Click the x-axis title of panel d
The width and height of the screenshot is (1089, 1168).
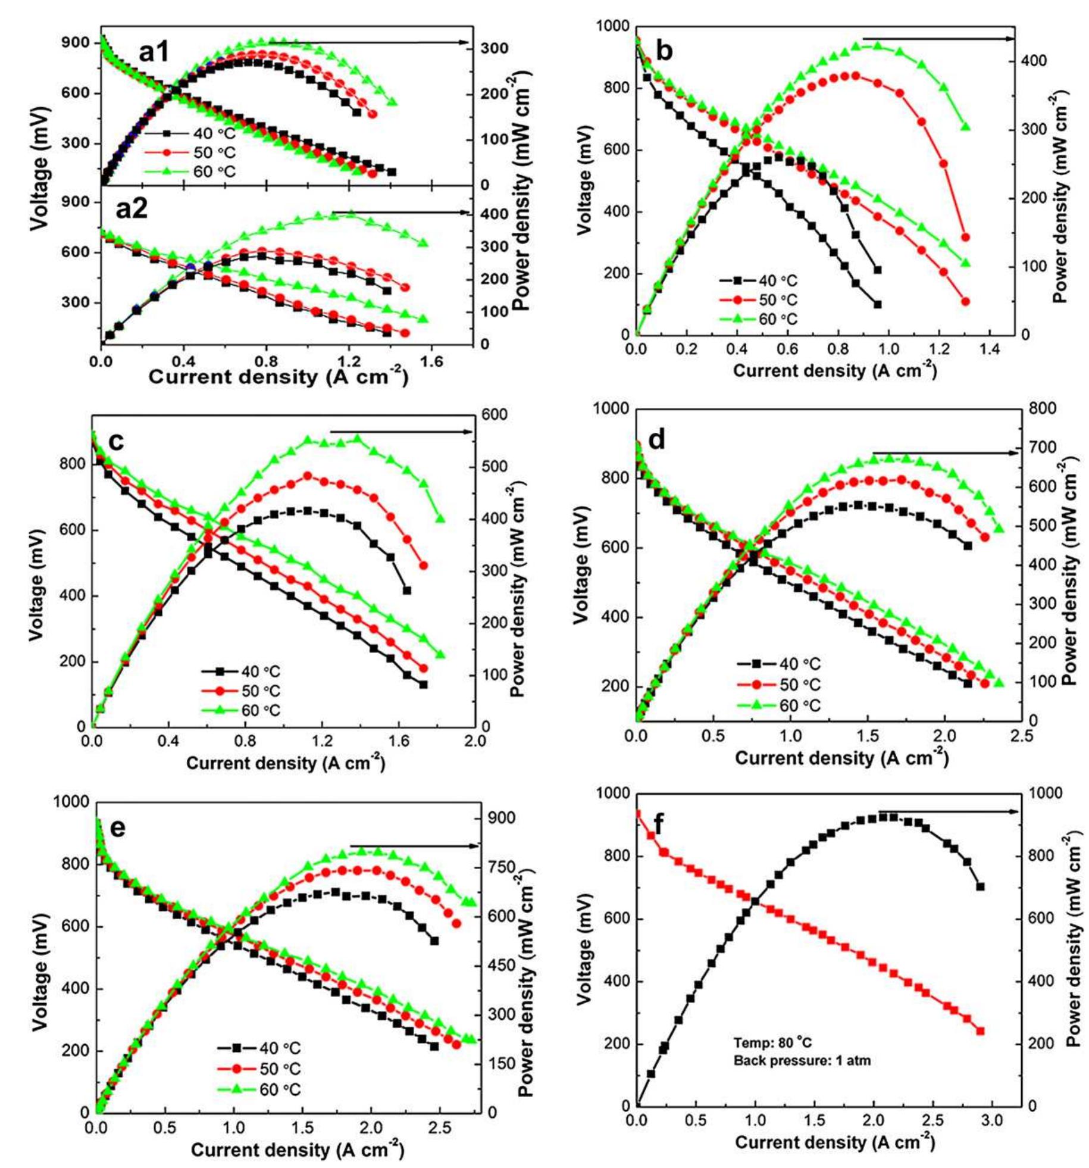click(841, 758)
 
